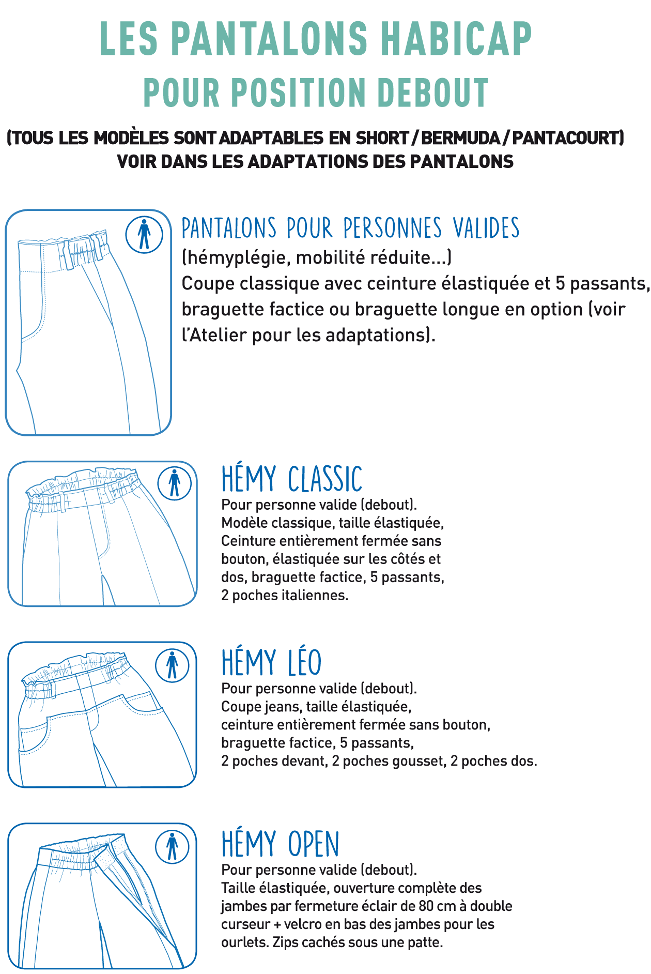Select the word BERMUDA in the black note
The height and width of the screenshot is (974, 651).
(x=461, y=138)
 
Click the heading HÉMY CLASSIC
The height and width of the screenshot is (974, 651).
(x=292, y=479)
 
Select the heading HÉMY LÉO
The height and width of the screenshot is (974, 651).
(x=272, y=662)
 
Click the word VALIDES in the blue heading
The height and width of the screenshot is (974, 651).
(x=486, y=228)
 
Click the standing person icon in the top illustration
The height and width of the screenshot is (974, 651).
(x=144, y=235)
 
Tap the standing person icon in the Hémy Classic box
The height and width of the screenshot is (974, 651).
(x=175, y=483)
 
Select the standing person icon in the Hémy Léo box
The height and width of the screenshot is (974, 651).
(x=172, y=665)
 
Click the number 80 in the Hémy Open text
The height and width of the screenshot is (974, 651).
(x=426, y=906)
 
